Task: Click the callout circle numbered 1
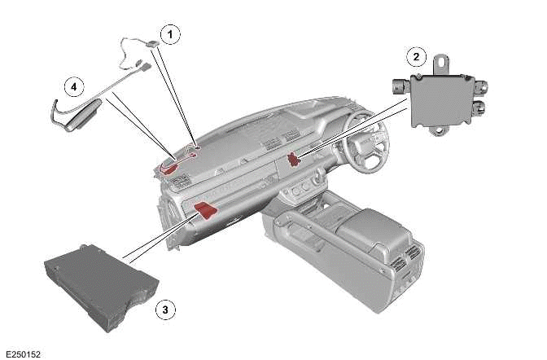coord(170,34)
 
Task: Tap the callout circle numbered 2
coord(416,56)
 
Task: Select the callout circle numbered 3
coord(165,310)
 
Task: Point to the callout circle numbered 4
coord(74,86)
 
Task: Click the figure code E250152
coord(24,354)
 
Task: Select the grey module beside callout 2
coord(440,99)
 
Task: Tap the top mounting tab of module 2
coord(443,64)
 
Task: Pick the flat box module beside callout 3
coord(102,287)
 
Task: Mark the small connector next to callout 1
coord(153,44)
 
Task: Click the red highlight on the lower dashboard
coord(206,211)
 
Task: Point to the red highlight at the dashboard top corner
coord(168,167)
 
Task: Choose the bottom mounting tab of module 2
coord(438,130)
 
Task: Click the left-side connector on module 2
coord(401,86)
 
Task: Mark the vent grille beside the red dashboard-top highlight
coord(179,182)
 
